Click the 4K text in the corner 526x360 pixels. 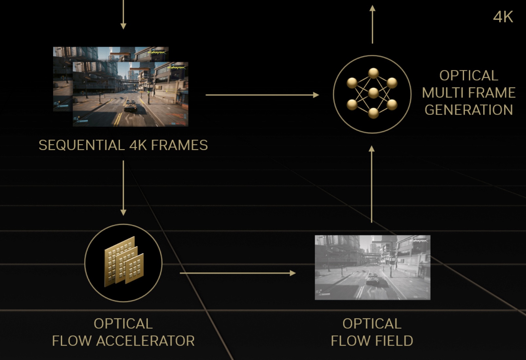pos(503,17)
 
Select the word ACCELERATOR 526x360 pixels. pos(145,341)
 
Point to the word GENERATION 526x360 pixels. pos(469,110)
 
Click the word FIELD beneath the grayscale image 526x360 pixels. pos(394,341)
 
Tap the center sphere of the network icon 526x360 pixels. pos(373,93)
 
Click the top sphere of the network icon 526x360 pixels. pos(373,73)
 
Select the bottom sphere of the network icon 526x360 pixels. pos(373,113)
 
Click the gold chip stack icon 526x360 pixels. pos(123,262)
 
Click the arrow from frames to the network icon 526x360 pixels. pos(262,95)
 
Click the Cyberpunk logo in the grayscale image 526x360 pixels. pos(418,241)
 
